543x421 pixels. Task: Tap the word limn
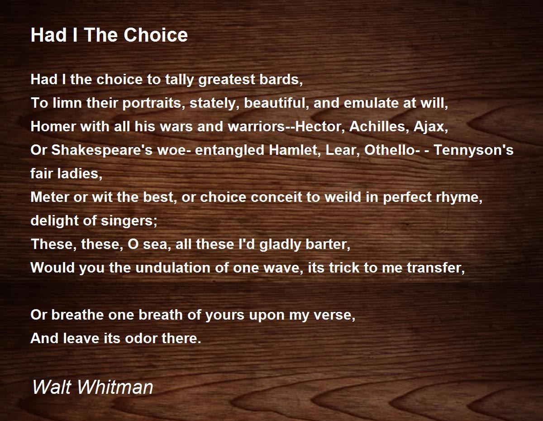click(x=67, y=103)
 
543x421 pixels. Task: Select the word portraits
click(x=152, y=104)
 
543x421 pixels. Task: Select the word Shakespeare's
click(x=102, y=150)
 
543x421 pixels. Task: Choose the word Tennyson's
click(x=473, y=150)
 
